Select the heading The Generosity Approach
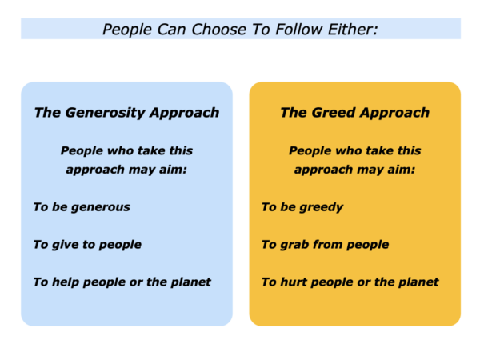point(126,113)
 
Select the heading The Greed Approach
point(354,113)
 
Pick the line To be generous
point(82,207)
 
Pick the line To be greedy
point(302,207)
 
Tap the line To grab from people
point(325,245)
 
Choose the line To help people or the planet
point(122,282)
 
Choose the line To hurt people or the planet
point(350,282)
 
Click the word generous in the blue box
point(99,207)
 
